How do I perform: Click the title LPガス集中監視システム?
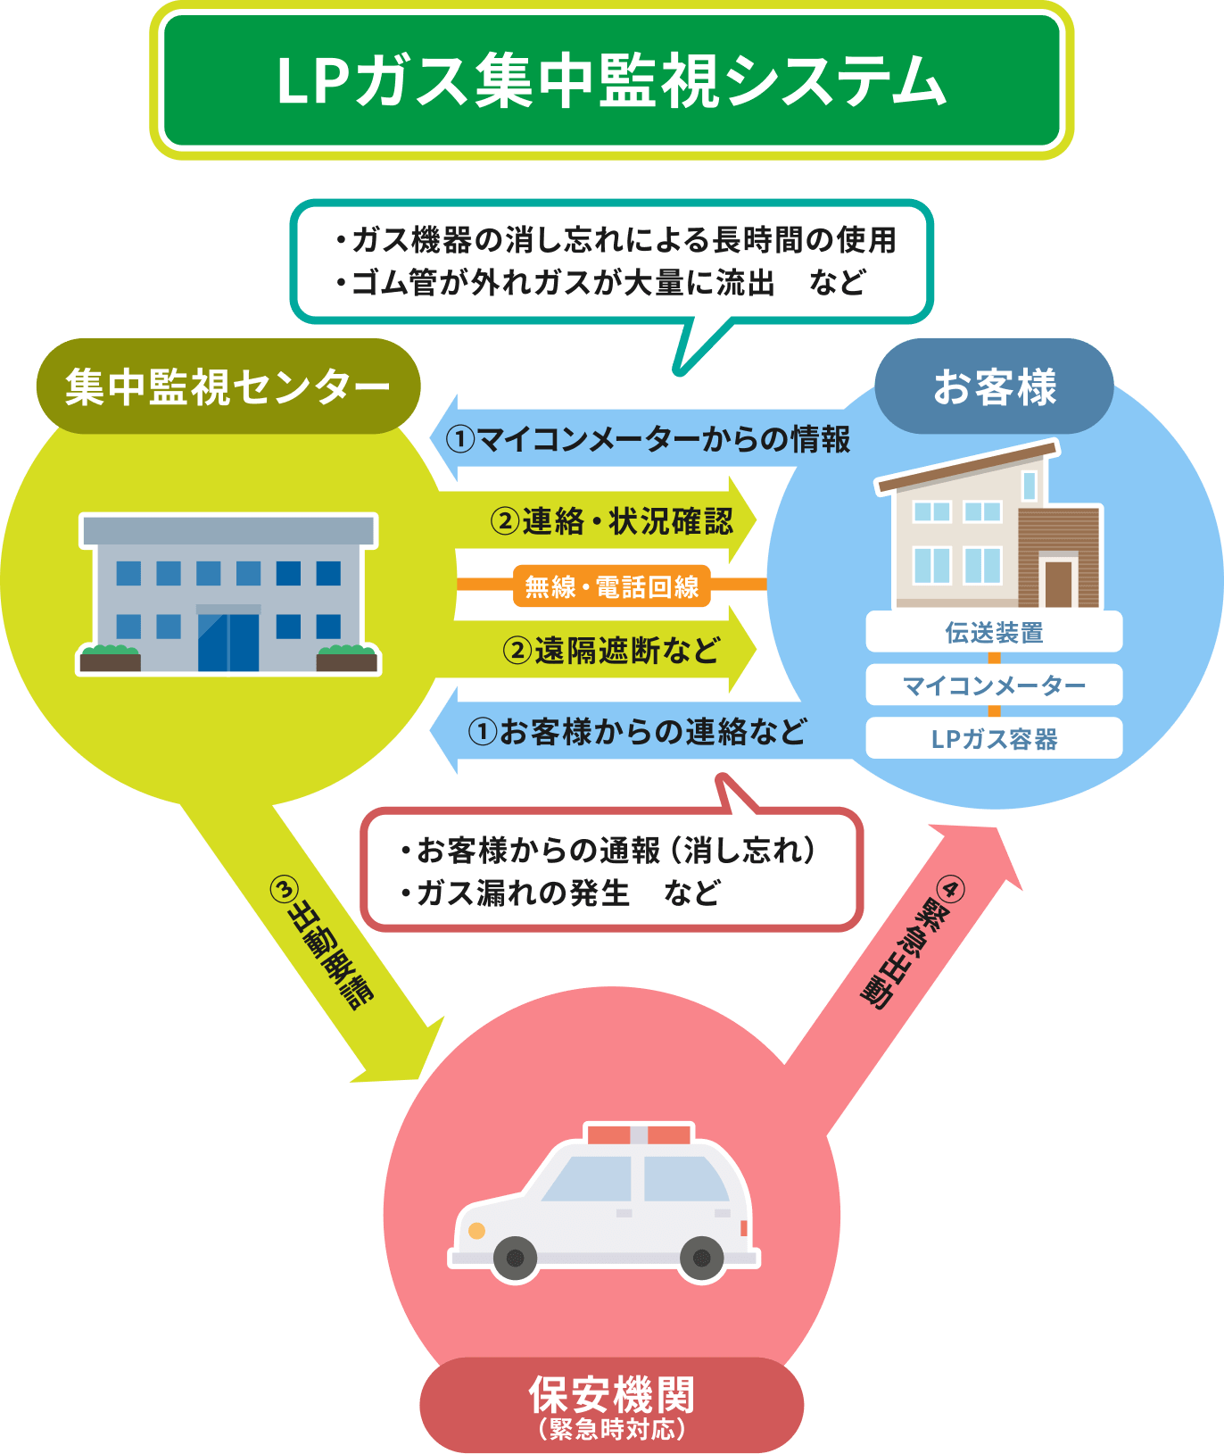[x=611, y=81]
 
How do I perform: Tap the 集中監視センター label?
[x=227, y=386]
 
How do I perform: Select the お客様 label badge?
[x=994, y=386]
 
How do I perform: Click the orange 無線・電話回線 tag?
[x=611, y=586]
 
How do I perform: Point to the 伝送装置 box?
[x=994, y=632]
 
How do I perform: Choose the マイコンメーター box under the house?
[x=994, y=685]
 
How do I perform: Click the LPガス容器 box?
[x=994, y=738]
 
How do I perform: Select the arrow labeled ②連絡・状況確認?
[x=611, y=520]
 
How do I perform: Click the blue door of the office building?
[x=228, y=640]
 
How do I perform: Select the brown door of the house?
[x=1058, y=584]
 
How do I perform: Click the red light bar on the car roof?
[x=638, y=1134]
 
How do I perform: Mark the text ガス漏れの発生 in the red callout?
[x=523, y=893]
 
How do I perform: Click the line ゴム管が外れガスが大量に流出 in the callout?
[x=562, y=282]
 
